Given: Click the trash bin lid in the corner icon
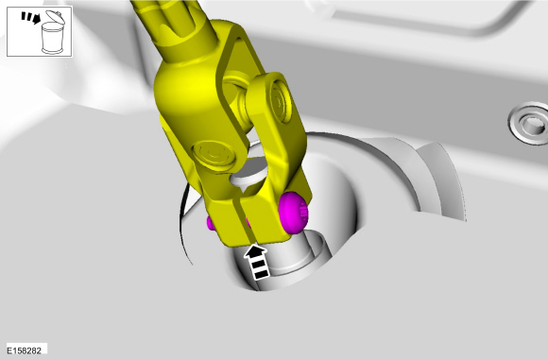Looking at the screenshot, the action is point(55,17).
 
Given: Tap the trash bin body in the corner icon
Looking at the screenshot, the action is point(52,38).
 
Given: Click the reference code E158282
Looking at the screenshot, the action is point(25,351).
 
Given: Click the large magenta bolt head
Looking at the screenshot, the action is point(294,213).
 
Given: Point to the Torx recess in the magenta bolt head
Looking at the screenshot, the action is point(303,214).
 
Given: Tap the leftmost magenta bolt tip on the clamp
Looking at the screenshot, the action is point(211,223).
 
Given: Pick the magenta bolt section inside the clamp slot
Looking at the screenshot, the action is point(248,223).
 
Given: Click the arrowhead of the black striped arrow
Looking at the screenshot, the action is point(256,251).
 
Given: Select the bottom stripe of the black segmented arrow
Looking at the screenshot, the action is point(261,274).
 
